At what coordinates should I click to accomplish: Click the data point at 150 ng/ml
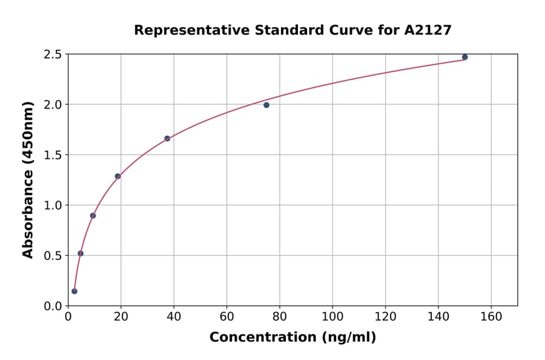[x=464, y=57]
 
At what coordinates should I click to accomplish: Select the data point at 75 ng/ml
[x=266, y=105]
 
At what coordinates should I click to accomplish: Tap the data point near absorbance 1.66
[x=167, y=138]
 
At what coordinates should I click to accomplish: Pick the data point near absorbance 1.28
[x=117, y=176]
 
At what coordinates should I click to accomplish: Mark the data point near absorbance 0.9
[x=93, y=216]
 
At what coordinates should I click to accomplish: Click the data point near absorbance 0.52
[x=81, y=253]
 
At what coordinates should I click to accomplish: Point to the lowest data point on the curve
[x=74, y=291]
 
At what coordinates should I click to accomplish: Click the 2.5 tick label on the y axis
[x=53, y=55]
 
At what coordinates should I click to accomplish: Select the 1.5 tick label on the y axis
[x=53, y=155]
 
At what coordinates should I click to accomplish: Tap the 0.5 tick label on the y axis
[x=53, y=256]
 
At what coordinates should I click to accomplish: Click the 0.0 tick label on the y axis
[x=53, y=306]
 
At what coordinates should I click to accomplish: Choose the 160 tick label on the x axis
[x=490, y=317]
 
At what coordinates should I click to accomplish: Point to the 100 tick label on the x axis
[x=332, y=317]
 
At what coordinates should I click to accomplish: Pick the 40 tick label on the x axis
[x=173, y=317]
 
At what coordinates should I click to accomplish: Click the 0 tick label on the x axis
[x=68, y=317]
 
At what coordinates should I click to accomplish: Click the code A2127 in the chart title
[x=428, y=30]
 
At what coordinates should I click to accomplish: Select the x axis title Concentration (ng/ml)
[x=292, y=338]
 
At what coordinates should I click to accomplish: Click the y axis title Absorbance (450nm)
[x=28, y=179]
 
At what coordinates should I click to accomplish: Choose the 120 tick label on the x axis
[x=385, y=317]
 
